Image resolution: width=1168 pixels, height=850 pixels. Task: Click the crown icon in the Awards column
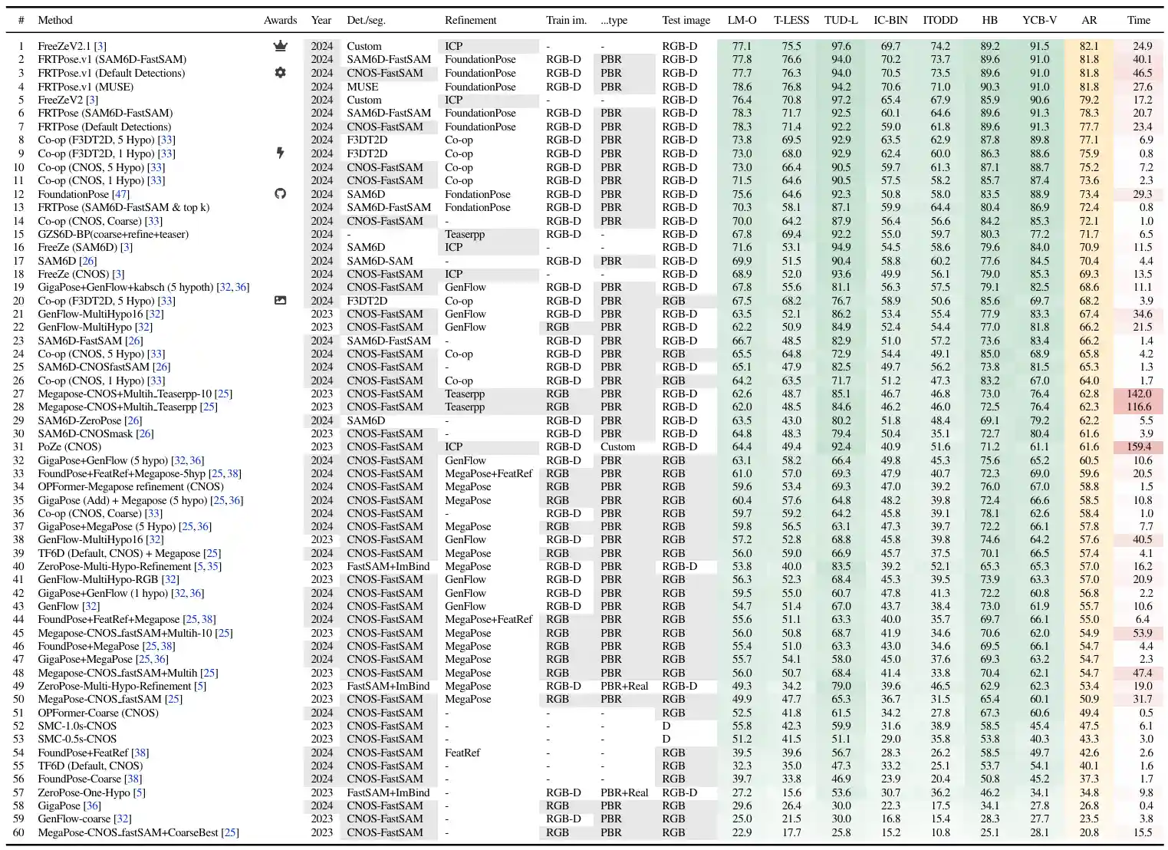point(280,46)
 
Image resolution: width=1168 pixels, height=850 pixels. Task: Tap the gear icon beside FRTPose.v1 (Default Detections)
point(280,73)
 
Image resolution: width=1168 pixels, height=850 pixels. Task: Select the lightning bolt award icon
point(280,153)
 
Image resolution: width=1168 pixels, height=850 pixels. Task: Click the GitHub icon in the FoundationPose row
point(280,194)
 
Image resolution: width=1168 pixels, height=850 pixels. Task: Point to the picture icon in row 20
point(280,301)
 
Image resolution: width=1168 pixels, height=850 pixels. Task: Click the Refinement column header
point(470,20)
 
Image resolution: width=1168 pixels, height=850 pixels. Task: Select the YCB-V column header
point(1039,20)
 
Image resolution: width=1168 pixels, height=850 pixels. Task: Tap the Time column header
point(1138,20)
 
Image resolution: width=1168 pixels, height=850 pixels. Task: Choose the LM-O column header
point(742,20)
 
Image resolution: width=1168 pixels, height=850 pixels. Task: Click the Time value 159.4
point(1139,446)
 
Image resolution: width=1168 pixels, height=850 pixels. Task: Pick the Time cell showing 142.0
point(1139,394)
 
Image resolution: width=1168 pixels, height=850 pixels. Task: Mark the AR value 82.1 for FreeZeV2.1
point(1089,46)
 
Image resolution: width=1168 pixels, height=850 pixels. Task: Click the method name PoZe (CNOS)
point(69,446)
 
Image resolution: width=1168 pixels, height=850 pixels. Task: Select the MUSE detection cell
point(363,87)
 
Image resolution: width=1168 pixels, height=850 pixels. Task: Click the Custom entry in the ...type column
point(617,446)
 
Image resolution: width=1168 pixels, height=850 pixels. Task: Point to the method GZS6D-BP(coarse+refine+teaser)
point(113,234)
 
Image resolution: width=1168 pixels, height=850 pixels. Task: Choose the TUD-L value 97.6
point(841,46)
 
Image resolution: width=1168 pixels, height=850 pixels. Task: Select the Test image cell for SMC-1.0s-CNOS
point(666,726)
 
